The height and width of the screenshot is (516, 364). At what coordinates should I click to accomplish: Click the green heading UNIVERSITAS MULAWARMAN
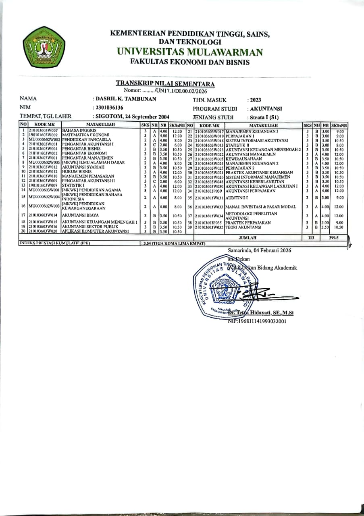[190, 52]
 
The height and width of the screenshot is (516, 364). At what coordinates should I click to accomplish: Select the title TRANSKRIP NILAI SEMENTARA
[165, 84]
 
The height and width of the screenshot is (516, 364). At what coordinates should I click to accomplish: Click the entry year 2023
[256, 100]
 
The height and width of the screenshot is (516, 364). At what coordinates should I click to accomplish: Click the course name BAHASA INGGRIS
[79, 131]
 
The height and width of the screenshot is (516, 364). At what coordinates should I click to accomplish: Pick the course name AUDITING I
[237, 198]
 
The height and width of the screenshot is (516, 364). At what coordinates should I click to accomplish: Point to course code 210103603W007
[44, 131]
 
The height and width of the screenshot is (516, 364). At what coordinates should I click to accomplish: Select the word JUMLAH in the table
[248, 238]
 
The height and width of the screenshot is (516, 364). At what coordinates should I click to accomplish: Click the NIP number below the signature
[257, 321]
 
